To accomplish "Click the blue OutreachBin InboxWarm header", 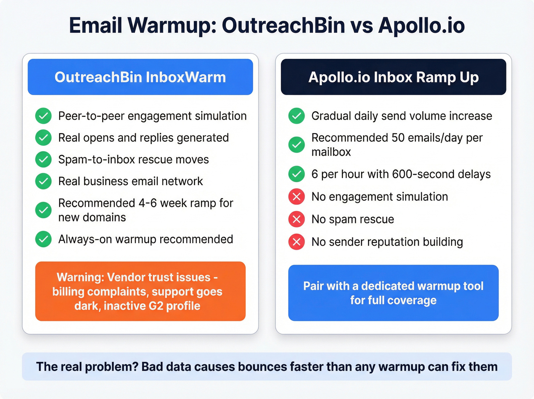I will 140,77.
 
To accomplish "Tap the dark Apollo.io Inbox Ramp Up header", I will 393,77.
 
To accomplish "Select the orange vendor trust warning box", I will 140,291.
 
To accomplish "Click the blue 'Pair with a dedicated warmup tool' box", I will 393,293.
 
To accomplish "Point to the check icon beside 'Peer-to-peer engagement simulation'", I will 43,116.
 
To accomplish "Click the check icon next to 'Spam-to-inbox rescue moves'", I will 43,159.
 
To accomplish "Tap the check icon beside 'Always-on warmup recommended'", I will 43,239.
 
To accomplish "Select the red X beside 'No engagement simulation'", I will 296,197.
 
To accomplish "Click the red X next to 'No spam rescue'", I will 296,219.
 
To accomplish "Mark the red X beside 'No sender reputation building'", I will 296,242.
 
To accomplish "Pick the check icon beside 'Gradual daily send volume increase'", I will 296,116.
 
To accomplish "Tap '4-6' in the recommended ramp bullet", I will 148,203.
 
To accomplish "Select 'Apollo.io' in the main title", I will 421,26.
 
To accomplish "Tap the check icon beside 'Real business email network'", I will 43,181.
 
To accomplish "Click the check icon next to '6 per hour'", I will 296,174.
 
